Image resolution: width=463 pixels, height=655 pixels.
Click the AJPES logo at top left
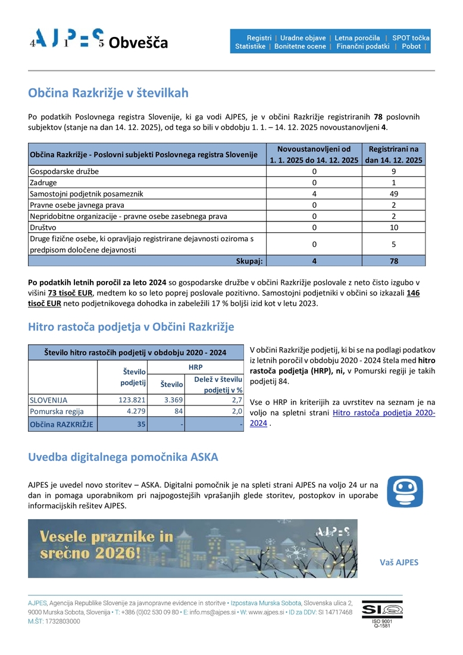point(67,39)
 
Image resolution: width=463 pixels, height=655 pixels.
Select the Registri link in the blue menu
point(259,38)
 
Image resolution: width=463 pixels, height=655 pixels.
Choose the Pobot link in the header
point(411,46)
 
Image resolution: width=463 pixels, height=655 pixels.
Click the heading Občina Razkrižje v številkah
point(108,93)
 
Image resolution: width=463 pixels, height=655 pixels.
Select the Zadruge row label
point(43,182)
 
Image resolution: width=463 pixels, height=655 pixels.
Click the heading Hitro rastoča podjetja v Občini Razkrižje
point(131,327)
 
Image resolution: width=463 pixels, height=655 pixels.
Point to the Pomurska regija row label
point(57,411)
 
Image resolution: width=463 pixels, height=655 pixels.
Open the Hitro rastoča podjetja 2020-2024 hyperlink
point(383,413)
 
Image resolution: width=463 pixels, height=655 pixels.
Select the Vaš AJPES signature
point(399,562)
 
